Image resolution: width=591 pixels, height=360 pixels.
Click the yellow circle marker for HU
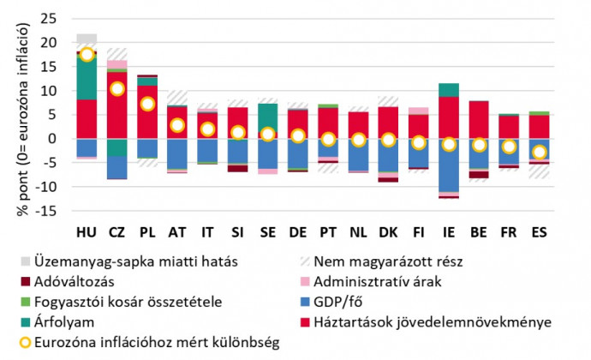[87, 54]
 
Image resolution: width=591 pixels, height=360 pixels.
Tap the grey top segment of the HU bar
[87, 39]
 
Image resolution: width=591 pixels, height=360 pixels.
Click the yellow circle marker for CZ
[117, 88]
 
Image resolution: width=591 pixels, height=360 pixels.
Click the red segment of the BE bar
[480, 119]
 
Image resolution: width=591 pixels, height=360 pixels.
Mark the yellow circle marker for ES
[539, 152]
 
